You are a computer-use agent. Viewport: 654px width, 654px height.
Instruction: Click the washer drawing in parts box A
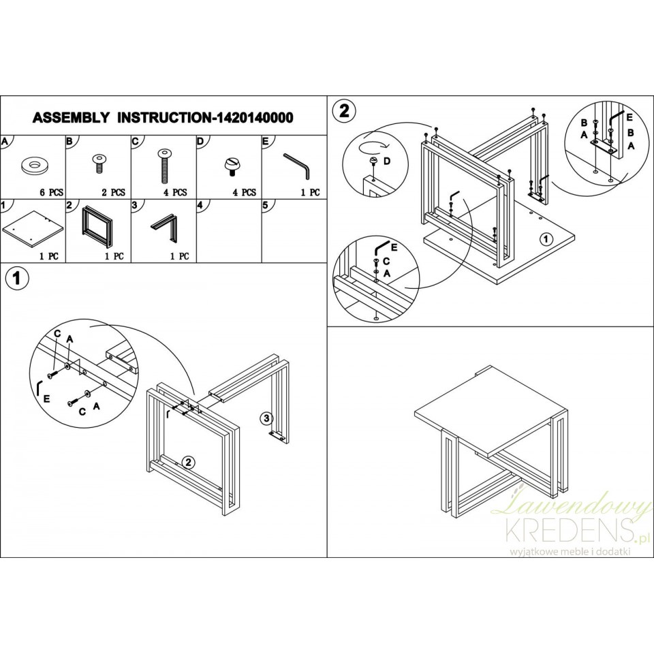point(33,166)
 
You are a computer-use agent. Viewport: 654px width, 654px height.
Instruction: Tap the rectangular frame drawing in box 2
point(97,225)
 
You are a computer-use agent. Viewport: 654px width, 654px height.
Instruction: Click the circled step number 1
point(16,278)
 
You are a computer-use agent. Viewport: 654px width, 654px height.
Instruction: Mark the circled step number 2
point(343,110)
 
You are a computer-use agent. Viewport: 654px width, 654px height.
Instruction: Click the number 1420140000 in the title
point(253,118)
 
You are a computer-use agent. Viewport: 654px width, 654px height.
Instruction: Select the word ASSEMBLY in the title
point(71,118)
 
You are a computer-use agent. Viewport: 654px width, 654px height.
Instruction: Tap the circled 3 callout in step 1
point(266,418)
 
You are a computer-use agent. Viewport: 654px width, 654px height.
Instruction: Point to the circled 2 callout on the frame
point(189,462)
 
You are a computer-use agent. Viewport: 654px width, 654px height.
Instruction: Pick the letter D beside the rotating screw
point(387,161)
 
